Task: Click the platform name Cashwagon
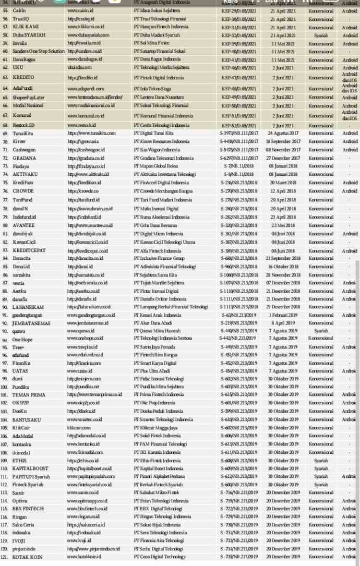[x=24, y=150]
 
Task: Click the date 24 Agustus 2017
[x=282, y=133]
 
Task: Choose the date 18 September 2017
[x=282, y=141]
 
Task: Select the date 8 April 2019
[x=282, y=323]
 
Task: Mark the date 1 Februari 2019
[x=282, y=315]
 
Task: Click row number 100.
[x=5, y=387]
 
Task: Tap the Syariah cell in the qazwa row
[x=321, y=331]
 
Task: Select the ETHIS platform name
[x=19, y=461]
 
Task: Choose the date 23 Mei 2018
[x=282, y=225]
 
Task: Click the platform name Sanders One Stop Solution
[x=38, y=51]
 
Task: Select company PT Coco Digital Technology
[x=160, y=557]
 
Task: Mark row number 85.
[x=5, y=266]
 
